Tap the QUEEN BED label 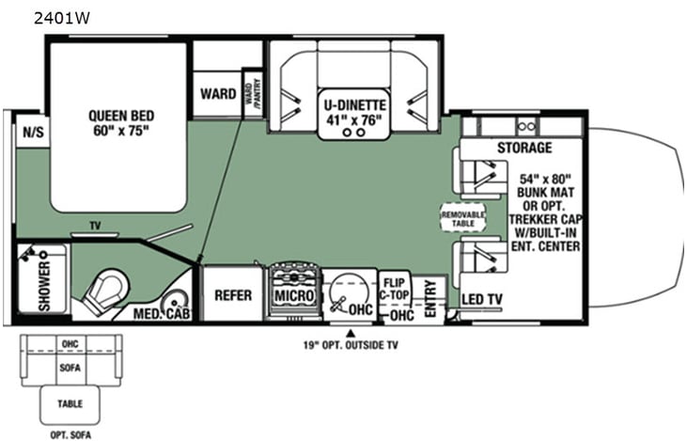coord(119,122)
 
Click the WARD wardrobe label coord(217,94)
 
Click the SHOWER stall coord(42,278)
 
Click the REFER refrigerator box coord(232,295)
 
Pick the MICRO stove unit coord(293,294)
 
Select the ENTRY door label coord(430,297)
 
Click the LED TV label coord(483,300)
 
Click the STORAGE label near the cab coord(525,148)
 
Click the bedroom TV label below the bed coord(94,226)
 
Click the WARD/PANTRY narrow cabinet coord(252,94)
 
